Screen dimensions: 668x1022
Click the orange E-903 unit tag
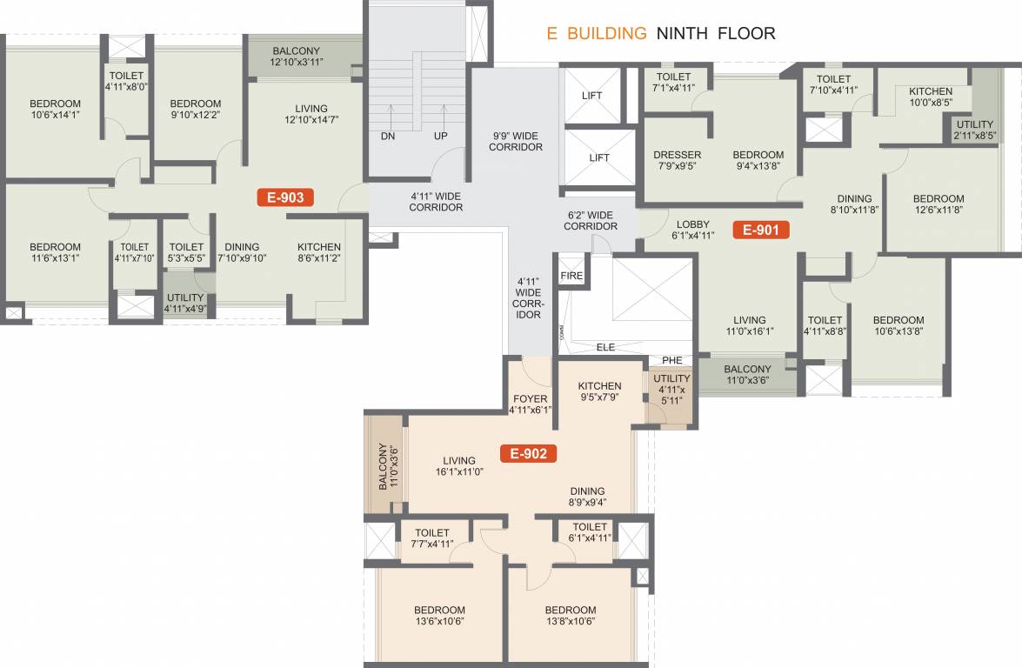pyautogui.click(x=284, y=197)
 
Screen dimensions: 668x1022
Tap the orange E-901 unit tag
pyautogui.click(x=761, y=230)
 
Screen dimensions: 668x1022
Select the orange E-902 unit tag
pyautogui.click(x=528, y=453)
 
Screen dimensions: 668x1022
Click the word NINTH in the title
pyautogui.click(x=683, y=34)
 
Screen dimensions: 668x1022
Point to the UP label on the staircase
pyautogui.click(x=441, y=137)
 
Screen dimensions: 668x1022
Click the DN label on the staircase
pyautogui.click(x=388, y=137)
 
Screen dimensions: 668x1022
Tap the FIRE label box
pyautogui.click(x=571, y=276)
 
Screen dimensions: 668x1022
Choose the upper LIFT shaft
pyautogui.click(x=591, y=96)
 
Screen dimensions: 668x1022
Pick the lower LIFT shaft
pyautogui.click(x=598, y=157)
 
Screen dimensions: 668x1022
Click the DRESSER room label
pyautogui.click(x=678, y=161)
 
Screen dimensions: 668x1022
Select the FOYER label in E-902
pyautogui.click(x=530, y=404)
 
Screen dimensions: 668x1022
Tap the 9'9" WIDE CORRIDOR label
pyautogui.click(x=518, y=141)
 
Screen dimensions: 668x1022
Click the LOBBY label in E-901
pyautogui.click(x=694, y=230)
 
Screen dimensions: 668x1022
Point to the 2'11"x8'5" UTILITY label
pyautogui.click(x=974, y=130)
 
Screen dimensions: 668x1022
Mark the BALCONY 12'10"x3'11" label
pyautogui.click(x=297, y=57)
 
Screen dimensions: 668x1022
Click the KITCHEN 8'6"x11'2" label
pyautogui.click(x=319, y=252)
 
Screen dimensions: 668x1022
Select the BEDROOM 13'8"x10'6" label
pyautogui.click(x=571, y=616)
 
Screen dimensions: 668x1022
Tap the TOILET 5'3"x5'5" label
pyautogui.click(x=186, y=252)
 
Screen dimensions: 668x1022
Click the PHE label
pyautogui.click(x=671, y=360)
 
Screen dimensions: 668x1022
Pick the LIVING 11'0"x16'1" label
pyautogui.click(x=749, y=326)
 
